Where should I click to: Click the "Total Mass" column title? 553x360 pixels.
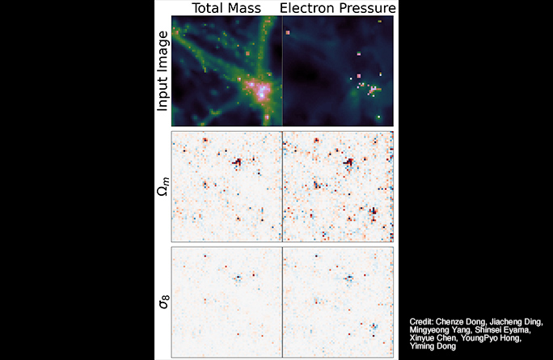tap(226, 9)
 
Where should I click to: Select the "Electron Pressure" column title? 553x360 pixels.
tap(338, 9)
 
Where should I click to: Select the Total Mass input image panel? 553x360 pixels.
tap(227, 71)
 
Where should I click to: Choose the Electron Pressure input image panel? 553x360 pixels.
tap(338, 71)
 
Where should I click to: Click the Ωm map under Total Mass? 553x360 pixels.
tap(227, 185)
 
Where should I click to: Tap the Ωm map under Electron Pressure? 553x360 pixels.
tap(338, 185)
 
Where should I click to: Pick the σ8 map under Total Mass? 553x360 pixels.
tap(227, 300)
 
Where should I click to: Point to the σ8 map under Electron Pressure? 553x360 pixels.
tap(338, 300)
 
